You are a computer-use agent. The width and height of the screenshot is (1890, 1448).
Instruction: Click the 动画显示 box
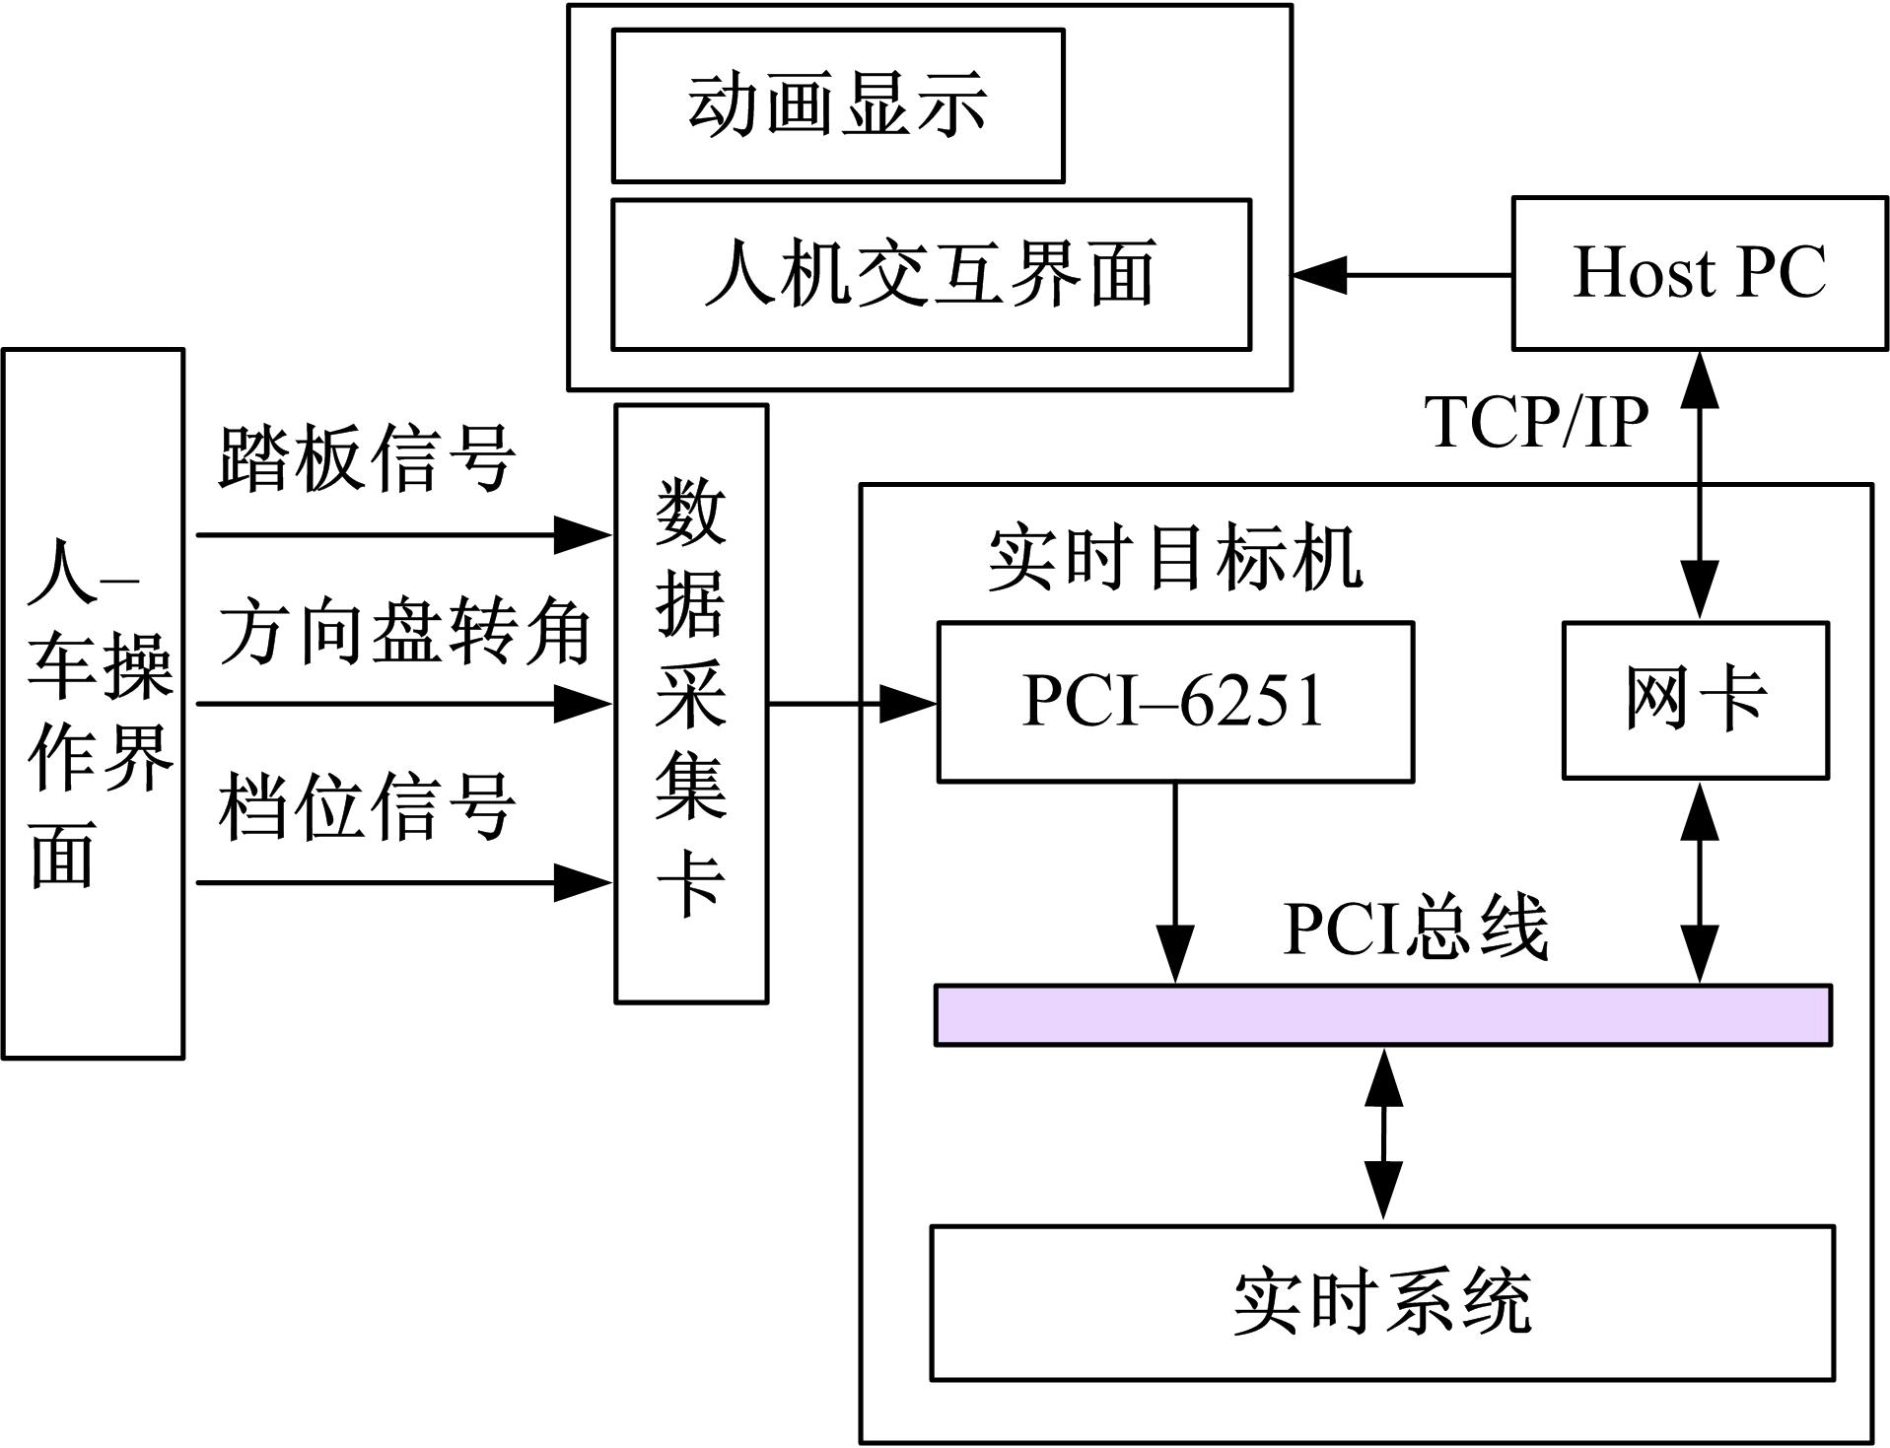[837, 105]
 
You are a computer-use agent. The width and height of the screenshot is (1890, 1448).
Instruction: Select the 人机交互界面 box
[931, 274]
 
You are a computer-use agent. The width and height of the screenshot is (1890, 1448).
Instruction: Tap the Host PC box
[1700, 273]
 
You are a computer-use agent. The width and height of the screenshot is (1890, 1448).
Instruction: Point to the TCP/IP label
[1536, 423]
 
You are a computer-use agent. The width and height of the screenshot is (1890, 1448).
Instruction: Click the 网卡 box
[1695, 700]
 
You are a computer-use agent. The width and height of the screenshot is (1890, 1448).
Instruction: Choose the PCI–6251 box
[1174, 702]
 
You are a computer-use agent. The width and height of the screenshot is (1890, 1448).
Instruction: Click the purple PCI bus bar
[1382, 1014]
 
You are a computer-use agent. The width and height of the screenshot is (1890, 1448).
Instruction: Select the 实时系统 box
[1382, 1302]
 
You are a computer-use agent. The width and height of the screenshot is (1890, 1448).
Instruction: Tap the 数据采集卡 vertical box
[691, 703]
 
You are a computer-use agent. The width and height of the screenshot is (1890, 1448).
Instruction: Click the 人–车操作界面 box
[94, 703]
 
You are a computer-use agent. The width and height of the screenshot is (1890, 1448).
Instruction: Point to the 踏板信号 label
[366, 458]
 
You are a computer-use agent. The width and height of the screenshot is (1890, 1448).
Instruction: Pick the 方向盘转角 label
[404, 632]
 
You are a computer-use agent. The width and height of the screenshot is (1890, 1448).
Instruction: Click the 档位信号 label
[366, 806]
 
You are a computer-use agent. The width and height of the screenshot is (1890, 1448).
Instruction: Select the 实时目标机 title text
[1174, 559]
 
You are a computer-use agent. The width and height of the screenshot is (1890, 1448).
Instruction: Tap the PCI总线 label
[1415, 928]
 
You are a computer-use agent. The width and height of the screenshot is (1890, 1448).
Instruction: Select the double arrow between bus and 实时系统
[1383, 1135]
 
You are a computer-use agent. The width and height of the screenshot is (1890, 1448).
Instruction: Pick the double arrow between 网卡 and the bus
[1700, 882]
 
